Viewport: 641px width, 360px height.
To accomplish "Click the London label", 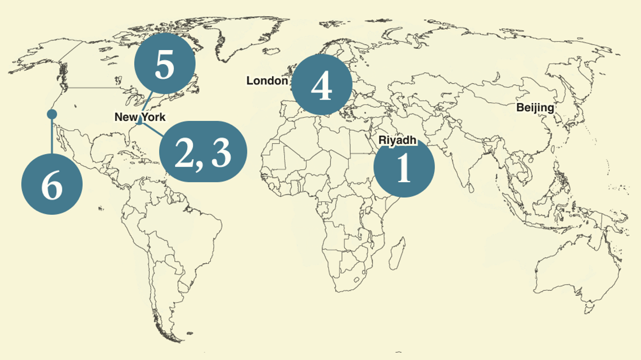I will tap(267, 81).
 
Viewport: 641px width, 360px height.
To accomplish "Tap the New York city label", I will tap(140, 117).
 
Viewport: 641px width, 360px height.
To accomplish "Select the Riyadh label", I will tap(398, 139).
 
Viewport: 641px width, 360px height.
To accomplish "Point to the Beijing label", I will tap(535, 107).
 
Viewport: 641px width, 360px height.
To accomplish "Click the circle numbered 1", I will tap(404, 168).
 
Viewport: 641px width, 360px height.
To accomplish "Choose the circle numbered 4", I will tap(322, 85).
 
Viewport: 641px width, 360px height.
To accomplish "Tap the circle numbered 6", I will tap(52, 185).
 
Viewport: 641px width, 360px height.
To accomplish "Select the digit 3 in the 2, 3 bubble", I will tap(221, 152).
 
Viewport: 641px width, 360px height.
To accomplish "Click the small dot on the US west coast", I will tap(52, 114).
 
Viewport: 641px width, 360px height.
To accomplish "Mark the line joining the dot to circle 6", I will tap(52, 138).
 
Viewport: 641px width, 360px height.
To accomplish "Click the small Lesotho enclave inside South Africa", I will tap(354, 280).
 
